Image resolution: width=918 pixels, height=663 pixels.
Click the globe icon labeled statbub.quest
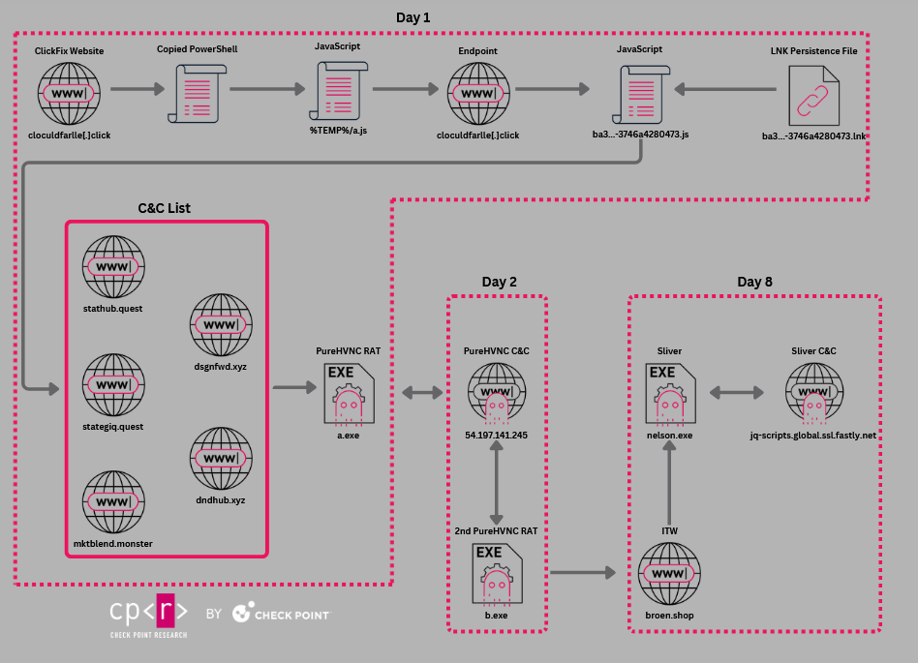[113, 266]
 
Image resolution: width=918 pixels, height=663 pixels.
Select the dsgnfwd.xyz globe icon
[221, 324]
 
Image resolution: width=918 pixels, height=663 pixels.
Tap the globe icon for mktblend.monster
[113, 501]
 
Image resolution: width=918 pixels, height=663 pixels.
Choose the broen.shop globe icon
[669, 573]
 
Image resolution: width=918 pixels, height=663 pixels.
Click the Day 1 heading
[413, 17]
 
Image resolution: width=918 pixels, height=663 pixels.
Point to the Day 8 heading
[754, 282]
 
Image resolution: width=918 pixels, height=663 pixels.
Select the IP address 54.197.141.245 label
[497, 436]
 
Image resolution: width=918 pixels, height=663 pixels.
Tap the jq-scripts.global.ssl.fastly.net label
[812, 436]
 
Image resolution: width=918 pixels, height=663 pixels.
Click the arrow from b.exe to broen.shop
[582, 573]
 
